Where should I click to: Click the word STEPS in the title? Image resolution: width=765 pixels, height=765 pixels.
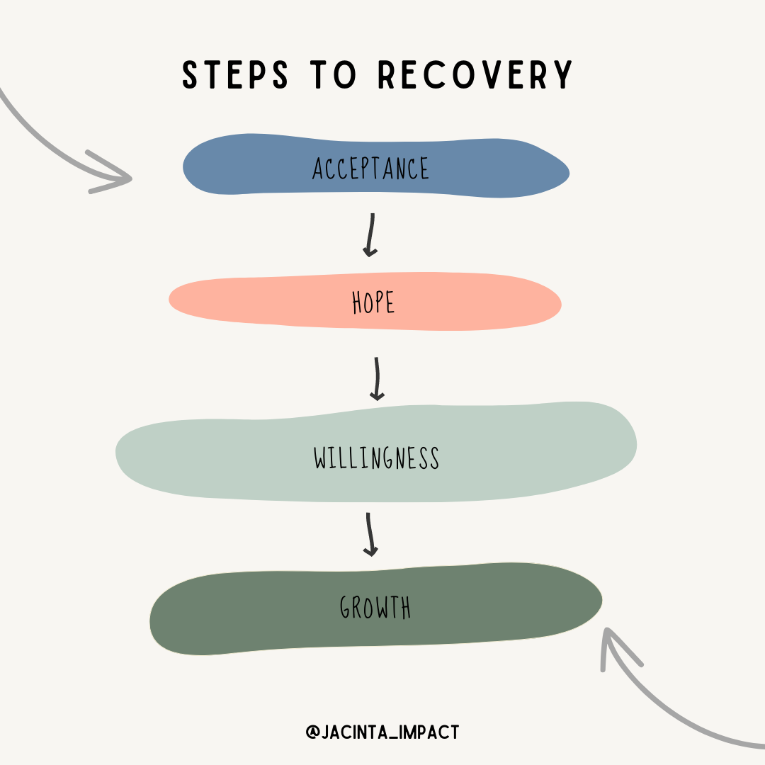click(234, 75)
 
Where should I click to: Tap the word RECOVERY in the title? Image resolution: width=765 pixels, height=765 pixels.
click(475, 75)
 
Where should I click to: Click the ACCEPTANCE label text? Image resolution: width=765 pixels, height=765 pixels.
click(371, 169)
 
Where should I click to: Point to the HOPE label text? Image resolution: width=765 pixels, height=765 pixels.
click(373, 303)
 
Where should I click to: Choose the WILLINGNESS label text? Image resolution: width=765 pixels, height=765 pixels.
click(377, 458)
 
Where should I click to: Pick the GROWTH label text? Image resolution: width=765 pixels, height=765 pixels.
click(375, 608)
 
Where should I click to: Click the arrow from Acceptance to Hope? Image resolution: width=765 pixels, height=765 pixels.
click(370, 234)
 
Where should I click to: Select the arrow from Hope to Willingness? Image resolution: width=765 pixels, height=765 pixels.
click(378, 379)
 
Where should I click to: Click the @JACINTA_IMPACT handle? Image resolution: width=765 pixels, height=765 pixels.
click(382, 732)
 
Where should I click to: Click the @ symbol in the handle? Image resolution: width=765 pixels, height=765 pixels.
click(312, 732)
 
